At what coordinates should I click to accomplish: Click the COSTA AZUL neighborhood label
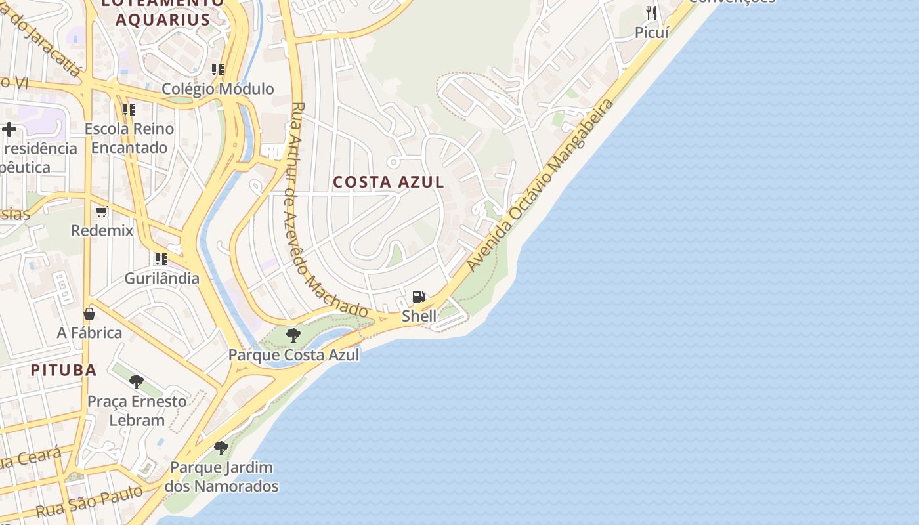[389, 182]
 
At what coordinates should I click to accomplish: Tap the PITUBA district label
[64, 369]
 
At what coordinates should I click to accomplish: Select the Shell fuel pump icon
[419, 297]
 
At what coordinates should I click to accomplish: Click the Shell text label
[419, 316]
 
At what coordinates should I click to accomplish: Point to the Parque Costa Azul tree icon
[293, 335]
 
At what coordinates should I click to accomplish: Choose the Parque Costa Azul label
[293, 355]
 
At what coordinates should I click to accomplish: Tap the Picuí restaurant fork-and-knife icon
[651, 12]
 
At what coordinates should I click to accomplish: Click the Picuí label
[651, 31]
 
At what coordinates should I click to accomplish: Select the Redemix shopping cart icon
[102, 211]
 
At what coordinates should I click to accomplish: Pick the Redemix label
[102, 230]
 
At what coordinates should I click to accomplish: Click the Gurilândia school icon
[161, 259]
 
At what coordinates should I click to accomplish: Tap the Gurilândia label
[161, 278]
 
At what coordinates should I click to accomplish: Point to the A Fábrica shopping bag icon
[89, 314]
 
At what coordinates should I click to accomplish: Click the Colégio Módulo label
[217, 89]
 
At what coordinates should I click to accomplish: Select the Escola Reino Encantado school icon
[129, 109]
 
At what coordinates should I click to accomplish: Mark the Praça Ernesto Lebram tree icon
[137, 381]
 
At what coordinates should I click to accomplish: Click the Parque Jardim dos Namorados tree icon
[221, 448]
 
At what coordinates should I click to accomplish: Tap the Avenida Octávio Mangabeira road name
[541, 185]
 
